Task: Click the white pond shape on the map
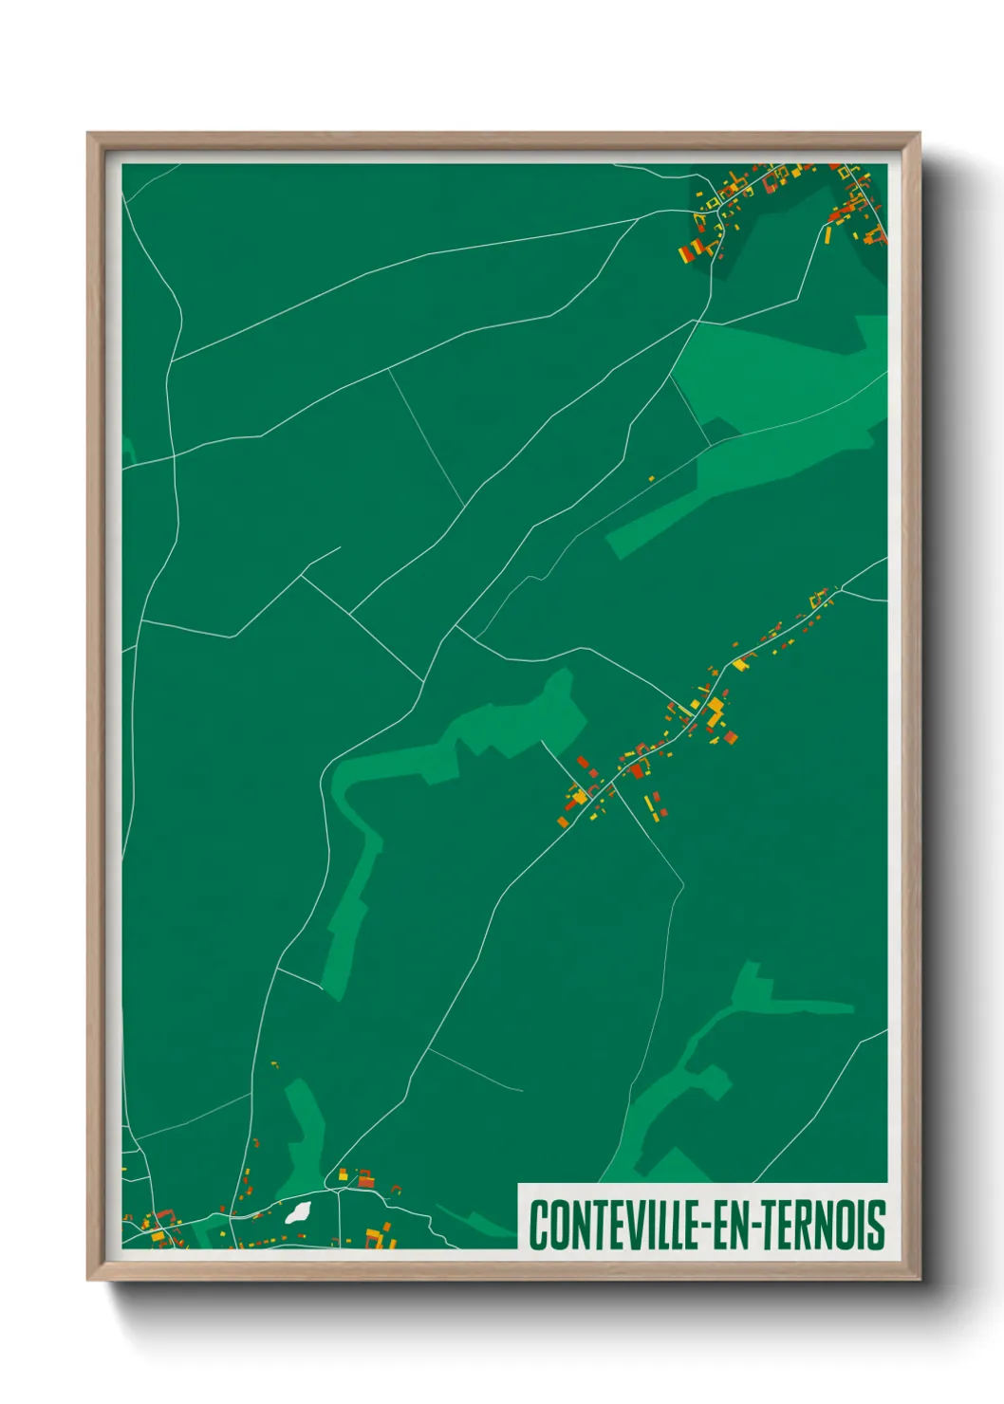(298, 1211)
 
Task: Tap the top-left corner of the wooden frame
(89, 135)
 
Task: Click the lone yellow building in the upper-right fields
(651, 479)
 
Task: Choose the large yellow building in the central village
(715, 711)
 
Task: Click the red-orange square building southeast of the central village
(730, 736)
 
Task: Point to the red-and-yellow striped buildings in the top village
(692, 249)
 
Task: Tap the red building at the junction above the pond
(364, 1181)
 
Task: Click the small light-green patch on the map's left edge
(128, 452)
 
